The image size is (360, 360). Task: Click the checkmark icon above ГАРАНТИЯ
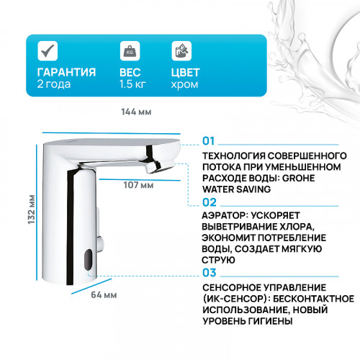pyautogui.click(x=48, y=51)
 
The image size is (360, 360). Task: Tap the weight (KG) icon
pyautogui.click(x=130, y=51)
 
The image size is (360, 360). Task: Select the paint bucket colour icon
pyautogui.click(x=181, y=51)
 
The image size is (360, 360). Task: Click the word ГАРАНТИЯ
pyautogui.click(x=66, y=72)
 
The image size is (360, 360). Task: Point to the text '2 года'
pyautogui.click(x=51, y=85)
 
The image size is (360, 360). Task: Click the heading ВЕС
pyautogui.click(x=130, y=72)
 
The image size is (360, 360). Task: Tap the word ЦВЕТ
pyautogui.click(x=186, y=72)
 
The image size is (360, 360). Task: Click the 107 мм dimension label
pyautogui.click(x=138, y=185)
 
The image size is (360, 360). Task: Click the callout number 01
pyautogui.click(x=210, y=141)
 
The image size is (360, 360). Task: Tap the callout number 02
pyautogui.click(x=210, y=203)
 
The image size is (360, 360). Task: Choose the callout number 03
pyautogui.click(x=210, y=272)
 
